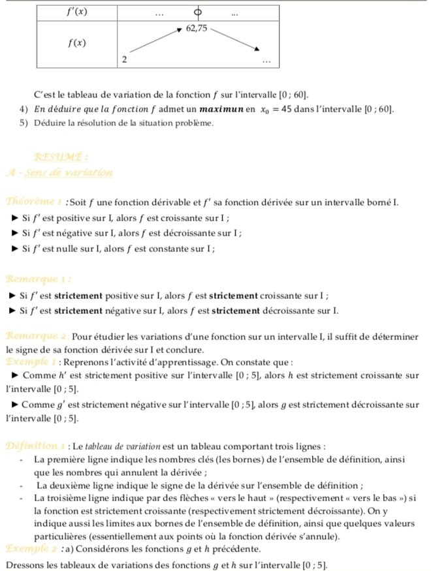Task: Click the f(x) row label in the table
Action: click(x=78, y=43)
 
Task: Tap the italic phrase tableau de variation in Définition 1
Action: click(x=120, y=447)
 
